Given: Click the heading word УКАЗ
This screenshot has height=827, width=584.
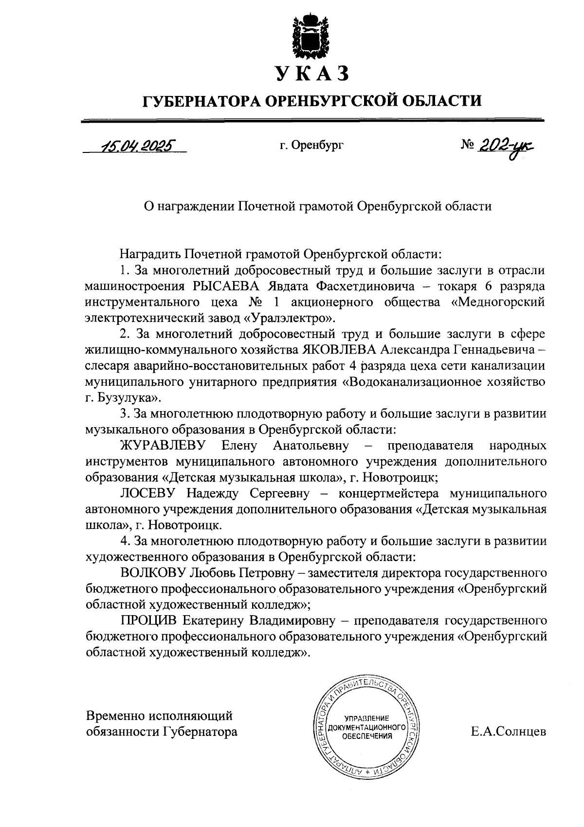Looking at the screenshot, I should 312,74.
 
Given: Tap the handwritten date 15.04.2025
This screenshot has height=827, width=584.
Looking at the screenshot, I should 138,146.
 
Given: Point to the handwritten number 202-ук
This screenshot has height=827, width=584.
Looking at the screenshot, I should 505,146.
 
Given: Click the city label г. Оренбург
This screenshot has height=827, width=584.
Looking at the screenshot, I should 311,145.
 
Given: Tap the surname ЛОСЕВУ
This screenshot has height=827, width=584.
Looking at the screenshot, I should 147,493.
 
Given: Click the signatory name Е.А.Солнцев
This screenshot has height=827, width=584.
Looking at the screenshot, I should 508,732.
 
